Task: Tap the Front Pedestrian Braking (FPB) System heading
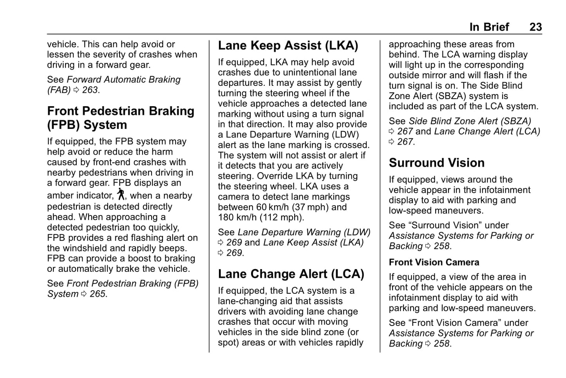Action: (x=120, y=118)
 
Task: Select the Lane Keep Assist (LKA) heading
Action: (x=288, y=45)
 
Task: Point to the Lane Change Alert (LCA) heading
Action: (x=291, y=274)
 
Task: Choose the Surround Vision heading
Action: (x=436, y=163)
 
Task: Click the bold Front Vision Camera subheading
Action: (x=434, y=262)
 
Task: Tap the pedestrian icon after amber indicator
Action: (x=121, y=194)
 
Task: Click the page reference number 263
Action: (x=90, y=90)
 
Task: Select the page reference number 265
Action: (x=98, y=294)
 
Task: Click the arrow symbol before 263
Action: (x=76, y=90)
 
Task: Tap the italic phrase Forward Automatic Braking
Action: (x=123, y=80)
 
